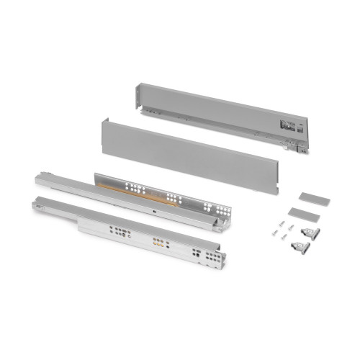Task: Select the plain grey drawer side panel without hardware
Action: pos(187,151)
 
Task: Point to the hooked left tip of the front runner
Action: pos(35,205)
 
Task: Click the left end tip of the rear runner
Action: pos(38,176)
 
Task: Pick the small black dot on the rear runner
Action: pos(156,212)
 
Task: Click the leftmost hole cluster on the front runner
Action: pos(117,232)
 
